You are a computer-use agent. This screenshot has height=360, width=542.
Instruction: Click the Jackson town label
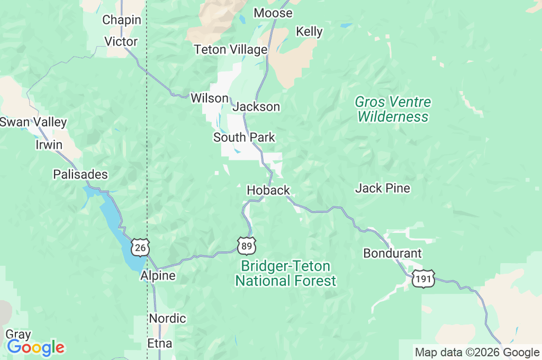coord(256,106)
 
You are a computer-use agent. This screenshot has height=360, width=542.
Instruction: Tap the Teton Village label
coord(230,50)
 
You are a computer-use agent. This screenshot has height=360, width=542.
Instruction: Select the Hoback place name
coord(268,190)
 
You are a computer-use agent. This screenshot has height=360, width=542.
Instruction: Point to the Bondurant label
coord(392,254)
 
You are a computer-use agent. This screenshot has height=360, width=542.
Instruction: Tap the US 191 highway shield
coord(425,278)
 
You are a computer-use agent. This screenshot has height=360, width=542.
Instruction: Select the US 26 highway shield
coord(140,247)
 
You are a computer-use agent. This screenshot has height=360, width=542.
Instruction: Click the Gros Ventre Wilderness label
coord(393,109)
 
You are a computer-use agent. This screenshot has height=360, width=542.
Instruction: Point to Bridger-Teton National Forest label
coord(286,273)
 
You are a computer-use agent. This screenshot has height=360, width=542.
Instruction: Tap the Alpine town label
coord(158,276)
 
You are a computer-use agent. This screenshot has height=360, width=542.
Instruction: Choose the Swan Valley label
coord(33,122)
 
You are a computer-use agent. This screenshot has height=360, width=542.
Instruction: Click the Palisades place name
coord(80,174)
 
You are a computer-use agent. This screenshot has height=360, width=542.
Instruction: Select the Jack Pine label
coord(383,188)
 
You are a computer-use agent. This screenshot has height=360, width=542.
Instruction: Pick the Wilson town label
coord(210,98)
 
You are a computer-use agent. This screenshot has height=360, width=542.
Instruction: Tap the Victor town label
coord(121,41)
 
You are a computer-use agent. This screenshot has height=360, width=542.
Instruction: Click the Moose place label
coord(273,13)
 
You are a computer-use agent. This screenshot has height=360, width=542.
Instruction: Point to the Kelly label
coord(309,31)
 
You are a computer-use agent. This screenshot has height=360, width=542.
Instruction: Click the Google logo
coord(35,347)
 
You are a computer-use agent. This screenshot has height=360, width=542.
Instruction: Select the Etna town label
coord(160,344)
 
